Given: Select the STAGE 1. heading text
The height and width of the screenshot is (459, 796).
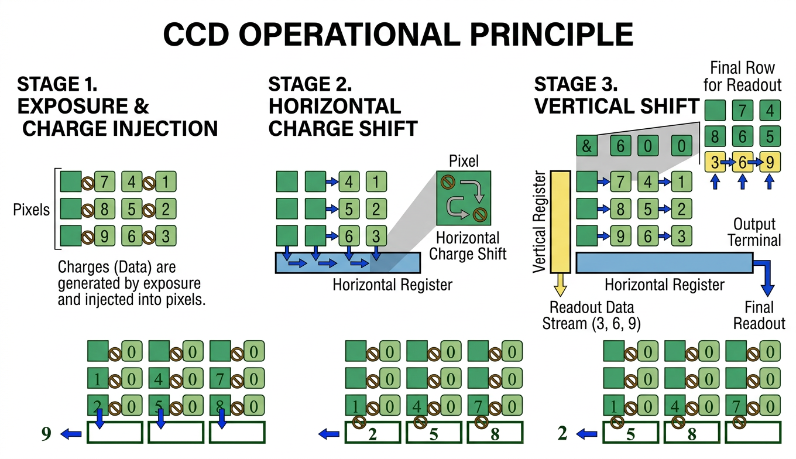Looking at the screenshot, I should coord(57,85).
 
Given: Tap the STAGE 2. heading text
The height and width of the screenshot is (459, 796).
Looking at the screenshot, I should coord(310,85).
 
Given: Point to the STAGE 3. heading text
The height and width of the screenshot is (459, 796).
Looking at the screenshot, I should coord(577,85).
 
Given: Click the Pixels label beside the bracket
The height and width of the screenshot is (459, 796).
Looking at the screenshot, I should coord(32,209).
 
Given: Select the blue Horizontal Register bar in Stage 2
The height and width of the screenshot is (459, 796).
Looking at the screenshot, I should coord(348,263).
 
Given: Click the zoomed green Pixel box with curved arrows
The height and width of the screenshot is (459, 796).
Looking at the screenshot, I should coord(464,198).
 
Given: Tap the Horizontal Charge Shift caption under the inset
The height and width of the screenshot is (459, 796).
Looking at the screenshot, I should coord(467,246).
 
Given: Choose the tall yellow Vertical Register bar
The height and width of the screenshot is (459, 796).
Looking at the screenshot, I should coord(561,222).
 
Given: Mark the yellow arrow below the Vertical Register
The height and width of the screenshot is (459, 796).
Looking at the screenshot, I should coord(561,285).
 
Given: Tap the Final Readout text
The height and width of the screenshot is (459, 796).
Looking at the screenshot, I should coord(759,315).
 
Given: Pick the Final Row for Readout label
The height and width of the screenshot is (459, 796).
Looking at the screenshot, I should coord(742,76).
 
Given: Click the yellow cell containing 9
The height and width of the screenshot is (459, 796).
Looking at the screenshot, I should coord(770,162).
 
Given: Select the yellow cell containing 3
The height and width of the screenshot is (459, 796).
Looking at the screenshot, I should coord(715,162).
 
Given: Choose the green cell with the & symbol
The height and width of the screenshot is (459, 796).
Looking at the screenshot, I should coord(587,145).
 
